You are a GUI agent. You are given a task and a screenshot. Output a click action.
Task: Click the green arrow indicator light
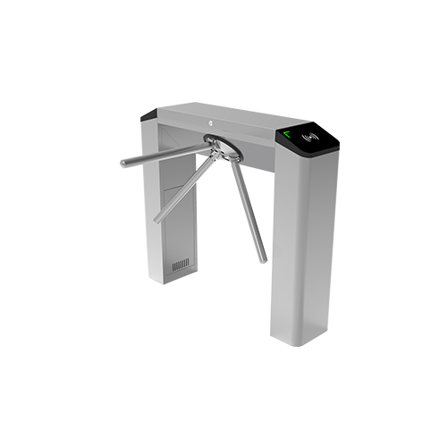[x=288, y=135]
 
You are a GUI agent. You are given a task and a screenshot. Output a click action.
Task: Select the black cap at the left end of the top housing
[x=148, y=115]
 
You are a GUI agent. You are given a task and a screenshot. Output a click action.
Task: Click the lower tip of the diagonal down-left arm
[x=157, y=219]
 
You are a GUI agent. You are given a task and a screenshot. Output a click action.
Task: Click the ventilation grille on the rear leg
[x=180, y=266]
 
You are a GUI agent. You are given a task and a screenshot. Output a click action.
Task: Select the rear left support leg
[x=174, y=223]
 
